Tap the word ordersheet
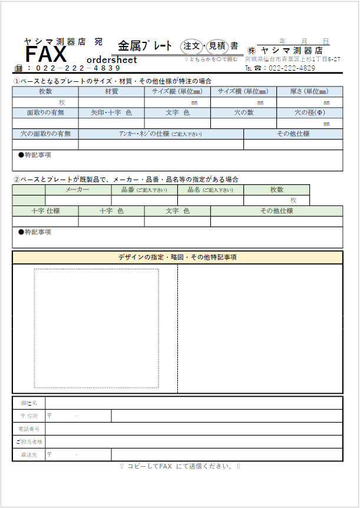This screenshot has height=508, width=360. click(111, 60)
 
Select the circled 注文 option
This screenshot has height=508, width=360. click(192, 46)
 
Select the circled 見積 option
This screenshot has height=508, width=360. click(216, 46)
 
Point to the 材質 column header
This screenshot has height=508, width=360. click(111, 91)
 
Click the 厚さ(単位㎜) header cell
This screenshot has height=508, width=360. click(309, 91)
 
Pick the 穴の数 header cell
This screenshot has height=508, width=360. click(243, 112)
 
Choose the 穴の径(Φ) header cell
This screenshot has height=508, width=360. click(309, 112)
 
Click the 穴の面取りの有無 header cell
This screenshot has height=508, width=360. click(45, 134)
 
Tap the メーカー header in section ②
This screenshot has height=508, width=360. click(78, 190)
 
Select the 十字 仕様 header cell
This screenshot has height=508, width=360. click(45, 211)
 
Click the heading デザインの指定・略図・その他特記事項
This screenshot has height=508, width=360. click(177, 257)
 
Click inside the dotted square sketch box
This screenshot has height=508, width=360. click(96, 328)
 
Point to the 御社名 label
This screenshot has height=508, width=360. click(29, 403)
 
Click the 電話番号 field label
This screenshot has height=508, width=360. click(29, 429)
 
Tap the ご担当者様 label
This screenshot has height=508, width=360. click(29, 441)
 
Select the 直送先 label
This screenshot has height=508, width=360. click(29, 454)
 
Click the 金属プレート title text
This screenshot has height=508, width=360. click(145, 46)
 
